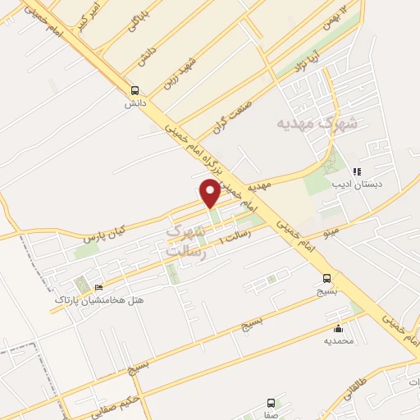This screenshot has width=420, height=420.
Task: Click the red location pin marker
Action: point(211,194)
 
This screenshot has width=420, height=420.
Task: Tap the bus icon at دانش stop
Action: point(135,91)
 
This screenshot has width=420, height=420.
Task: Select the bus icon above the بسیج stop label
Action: point(327,278)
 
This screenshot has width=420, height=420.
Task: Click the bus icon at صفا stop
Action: point(271,403)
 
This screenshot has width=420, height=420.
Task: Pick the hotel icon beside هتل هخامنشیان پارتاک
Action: point(99,287)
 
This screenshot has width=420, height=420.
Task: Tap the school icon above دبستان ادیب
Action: point(357,171)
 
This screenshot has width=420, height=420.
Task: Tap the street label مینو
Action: point(332,231)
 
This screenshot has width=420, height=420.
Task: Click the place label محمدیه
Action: point(337,340)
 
